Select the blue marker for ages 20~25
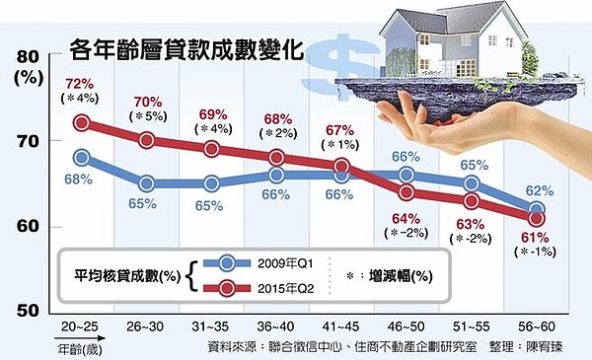(x=82, y=157)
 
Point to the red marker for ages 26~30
(x=147, y=140)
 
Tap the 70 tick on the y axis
(x=28, y=142)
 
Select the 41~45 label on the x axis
(x=339, y=324)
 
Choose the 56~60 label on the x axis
(x=533, y=324)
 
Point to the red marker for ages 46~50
(x=406, y=192)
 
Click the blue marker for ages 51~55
(x=471, y=182)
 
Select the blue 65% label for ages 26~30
(x=145, y=204)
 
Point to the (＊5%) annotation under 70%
(x=147, y=118)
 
